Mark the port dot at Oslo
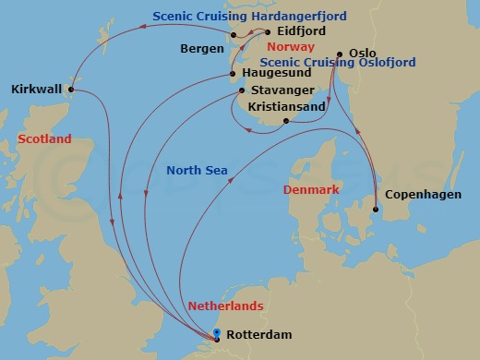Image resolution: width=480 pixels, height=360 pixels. (x=340, y=54)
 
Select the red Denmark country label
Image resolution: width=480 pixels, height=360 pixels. (x=312, y=189)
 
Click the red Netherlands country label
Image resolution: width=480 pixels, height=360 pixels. (x=226, y=305)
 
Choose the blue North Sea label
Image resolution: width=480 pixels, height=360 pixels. (x=198, y=170)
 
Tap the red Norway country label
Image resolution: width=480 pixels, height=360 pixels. (x=290, y=46)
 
